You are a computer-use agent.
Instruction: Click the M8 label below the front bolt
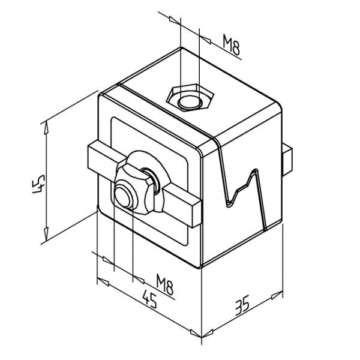pyautogui.click(x=164, y=284)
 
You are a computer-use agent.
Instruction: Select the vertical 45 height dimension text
pyautogui.click(x=38, y=184)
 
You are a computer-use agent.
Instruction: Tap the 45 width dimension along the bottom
pyautogui.click(x=149, y=299)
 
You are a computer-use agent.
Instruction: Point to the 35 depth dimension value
pyautogui.click(x=242, y=305)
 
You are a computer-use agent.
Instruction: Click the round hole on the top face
pyautogui.click(x=190, y=102)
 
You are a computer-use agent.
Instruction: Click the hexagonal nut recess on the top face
pyautogui.click(x=190, y=97)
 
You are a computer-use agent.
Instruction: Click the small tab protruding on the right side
pyautogui.click(x=287, y=160)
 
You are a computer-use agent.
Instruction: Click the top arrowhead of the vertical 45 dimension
pyautogui.click(x=46, y=127)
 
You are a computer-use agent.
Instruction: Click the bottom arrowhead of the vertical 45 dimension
pyautogui.click(x=46, y=233)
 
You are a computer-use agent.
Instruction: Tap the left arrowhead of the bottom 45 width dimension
pyautogui.click(x=103, y=282)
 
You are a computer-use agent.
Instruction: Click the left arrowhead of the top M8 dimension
pyautogui.click(x=175, y=20)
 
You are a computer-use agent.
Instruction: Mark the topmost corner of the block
pyautogui.click(x=181, y=47)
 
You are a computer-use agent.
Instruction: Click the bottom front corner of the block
pyautogui.click(x=200, y=268)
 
